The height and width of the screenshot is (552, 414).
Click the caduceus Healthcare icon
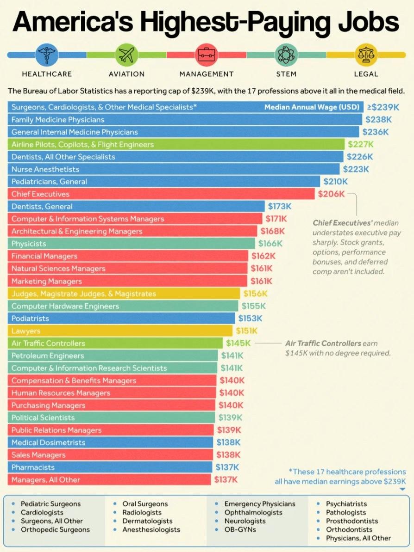pos(47,55)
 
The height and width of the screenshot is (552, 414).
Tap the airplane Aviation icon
pos(126,55)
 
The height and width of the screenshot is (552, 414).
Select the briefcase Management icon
pos(206,55)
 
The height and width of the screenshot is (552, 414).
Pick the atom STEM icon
pos(286,55)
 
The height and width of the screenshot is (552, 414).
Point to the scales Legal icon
pos(366,55)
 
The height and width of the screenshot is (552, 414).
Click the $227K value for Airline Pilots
pos(360,144)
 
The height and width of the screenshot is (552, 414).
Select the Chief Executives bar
pos(161,194)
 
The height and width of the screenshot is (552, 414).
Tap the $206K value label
pos(331,194)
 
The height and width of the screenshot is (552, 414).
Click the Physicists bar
pos(131,244)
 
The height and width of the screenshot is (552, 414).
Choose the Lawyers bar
pos(120,331)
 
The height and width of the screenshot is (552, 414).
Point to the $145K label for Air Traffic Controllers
pos(238,343)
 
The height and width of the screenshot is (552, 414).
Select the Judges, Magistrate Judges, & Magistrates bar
pos(124,294)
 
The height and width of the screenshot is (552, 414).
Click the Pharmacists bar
pos(110,467)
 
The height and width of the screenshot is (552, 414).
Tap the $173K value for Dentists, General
pos(280,206)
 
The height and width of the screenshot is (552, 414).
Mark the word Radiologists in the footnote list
pos(142,513)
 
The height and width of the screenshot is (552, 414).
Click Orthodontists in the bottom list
pos(349,529)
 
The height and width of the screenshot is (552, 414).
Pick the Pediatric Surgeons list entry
pos(51,504)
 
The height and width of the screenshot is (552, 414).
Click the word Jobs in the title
pos(368,22)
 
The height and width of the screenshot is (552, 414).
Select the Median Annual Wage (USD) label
pos(312,107)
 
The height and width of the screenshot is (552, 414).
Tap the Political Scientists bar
pos(112,417)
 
